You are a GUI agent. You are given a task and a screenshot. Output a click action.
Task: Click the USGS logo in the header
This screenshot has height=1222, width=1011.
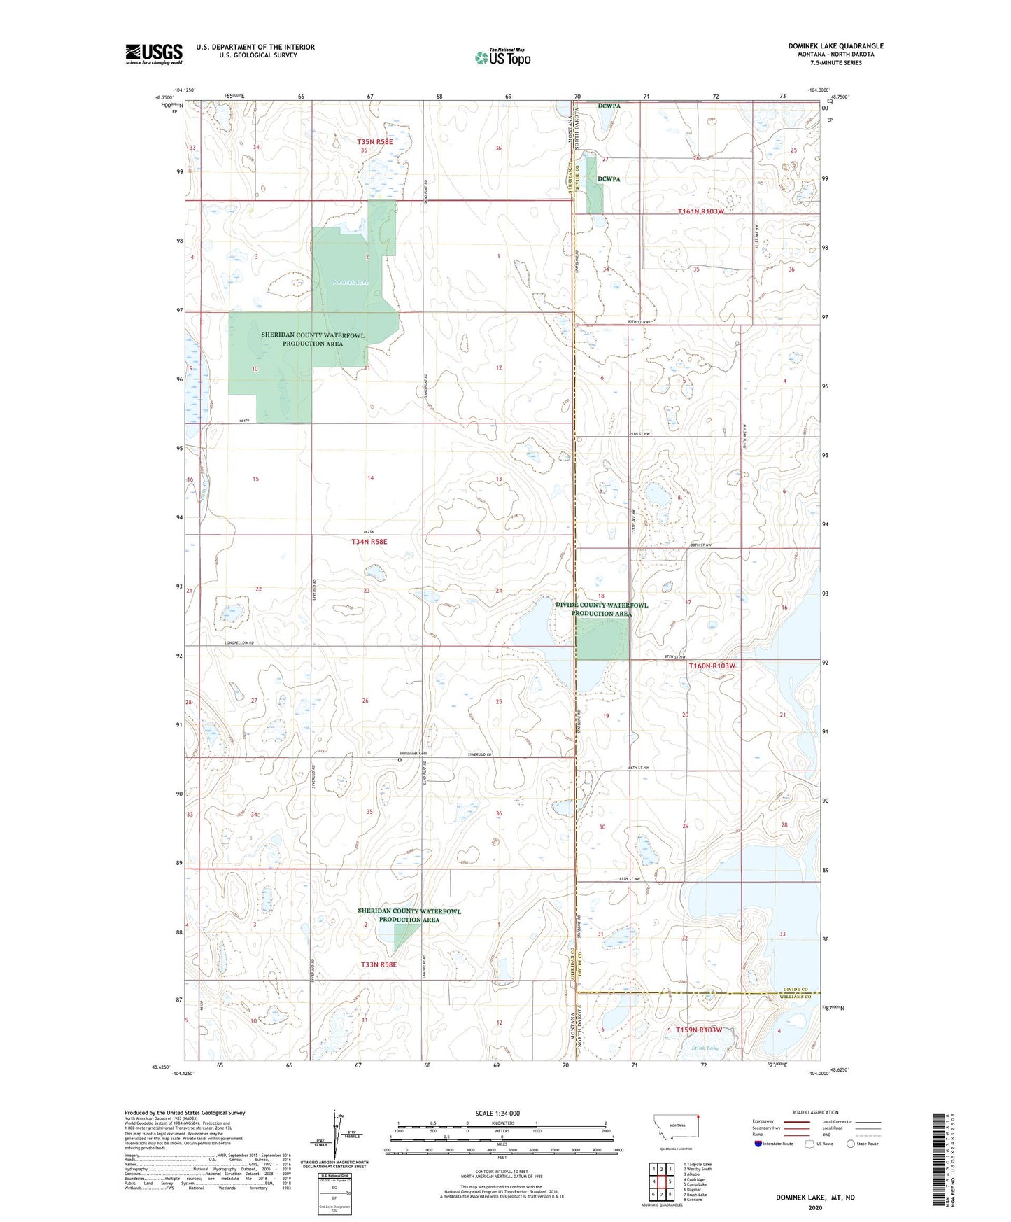(x=154, y=53)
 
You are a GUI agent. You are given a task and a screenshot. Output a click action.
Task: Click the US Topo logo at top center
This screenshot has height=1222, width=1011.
(x=502, y=57)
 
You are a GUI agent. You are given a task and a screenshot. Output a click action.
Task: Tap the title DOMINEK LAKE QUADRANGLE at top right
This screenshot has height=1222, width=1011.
(x=835, y=46)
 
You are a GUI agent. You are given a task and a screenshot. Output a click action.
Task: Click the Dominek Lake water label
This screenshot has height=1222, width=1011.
(x=349, y=283)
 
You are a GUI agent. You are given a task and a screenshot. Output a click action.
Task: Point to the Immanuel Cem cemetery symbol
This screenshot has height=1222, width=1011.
(x=400, y=760)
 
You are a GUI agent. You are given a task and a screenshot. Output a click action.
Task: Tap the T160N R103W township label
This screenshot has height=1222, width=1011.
(x=712, y=666)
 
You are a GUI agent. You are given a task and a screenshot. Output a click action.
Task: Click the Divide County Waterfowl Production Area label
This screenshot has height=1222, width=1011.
(x=602, y=609)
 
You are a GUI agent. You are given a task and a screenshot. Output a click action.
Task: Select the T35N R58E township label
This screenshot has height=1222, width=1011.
(x=375, y=141)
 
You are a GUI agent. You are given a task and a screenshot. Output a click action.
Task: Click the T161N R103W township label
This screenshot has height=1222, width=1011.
(x=700, y=211)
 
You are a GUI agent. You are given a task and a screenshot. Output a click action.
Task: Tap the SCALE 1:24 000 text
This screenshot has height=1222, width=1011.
(x=497, y=1113)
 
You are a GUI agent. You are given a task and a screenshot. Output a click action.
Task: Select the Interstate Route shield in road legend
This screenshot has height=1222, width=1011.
(x=759, y=1144)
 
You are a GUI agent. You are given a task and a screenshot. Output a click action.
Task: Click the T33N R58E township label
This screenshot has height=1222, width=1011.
(x=379, y=964)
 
